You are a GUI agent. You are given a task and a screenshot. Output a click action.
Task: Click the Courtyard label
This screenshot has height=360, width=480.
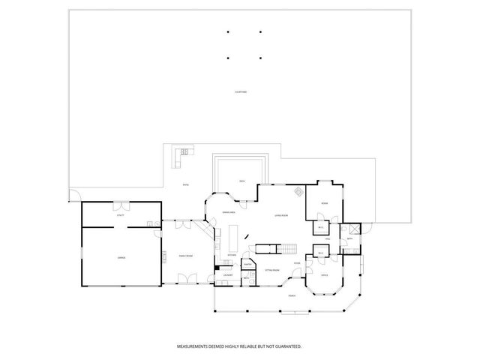[x=240, y=91]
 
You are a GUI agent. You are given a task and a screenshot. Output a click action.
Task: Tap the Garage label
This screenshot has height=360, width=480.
[x=120, y=256]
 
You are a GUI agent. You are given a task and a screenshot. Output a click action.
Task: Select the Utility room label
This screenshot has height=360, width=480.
[x=120, y=215]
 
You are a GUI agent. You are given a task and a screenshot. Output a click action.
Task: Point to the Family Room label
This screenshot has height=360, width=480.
[x=183, y=256]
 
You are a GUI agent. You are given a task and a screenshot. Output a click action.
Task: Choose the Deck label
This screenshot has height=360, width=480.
[x=241, y=181]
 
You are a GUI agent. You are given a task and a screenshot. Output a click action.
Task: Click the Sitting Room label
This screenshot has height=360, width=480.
[x=271, y=269]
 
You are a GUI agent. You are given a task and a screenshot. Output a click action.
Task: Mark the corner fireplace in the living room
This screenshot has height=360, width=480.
[x=298, y=190]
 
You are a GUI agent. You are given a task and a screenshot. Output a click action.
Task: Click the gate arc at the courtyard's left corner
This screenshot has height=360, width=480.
[x=73, y=196]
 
